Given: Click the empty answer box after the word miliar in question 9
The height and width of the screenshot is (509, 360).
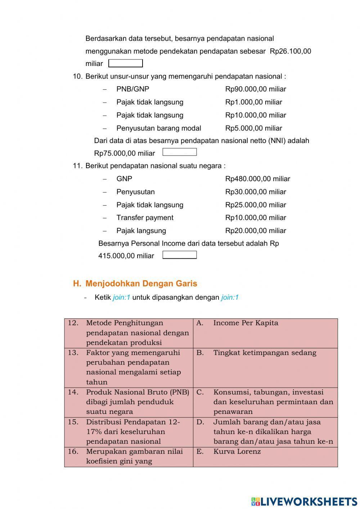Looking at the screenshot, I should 125,64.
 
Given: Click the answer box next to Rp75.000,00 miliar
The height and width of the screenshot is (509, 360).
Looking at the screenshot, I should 179,152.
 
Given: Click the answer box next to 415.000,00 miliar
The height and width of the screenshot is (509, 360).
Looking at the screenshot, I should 179,255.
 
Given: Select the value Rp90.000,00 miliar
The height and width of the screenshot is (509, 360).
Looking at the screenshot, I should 256,89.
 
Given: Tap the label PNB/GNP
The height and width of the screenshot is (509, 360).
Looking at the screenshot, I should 132,89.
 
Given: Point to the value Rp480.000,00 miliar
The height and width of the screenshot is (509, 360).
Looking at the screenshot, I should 257,179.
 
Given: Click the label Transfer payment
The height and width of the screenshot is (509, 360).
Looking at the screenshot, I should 145,218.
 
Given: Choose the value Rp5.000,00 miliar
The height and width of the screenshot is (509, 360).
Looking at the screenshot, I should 253,128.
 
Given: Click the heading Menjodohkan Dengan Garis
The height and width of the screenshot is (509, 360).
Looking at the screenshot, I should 141,283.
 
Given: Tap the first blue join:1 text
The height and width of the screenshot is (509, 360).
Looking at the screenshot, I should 121,298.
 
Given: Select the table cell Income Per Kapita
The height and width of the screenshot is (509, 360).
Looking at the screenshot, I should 246,323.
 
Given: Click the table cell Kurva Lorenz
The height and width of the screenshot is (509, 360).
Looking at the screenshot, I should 237,451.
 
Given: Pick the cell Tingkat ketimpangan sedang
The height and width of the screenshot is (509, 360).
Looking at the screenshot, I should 265,353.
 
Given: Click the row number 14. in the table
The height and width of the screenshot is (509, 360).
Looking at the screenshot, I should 73,392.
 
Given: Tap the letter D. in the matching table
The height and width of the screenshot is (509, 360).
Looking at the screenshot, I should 200,422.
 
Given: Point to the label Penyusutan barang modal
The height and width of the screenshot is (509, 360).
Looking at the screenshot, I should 158,128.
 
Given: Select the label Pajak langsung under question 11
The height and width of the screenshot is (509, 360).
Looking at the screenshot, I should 141,231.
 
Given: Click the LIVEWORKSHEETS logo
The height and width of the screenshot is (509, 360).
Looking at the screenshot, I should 304,501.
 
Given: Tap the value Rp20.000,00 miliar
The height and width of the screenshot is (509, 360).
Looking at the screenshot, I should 256,231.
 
